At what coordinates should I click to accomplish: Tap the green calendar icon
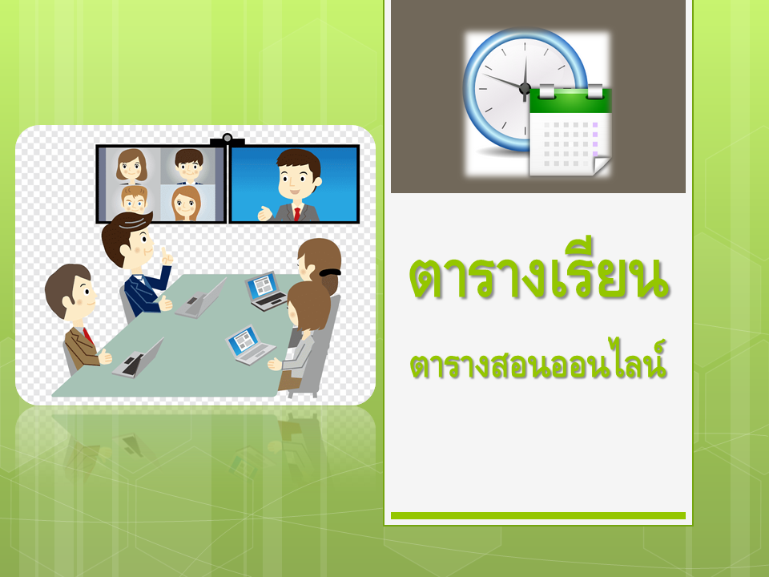(x=570, y=131)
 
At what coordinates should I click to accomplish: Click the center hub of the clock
(x=525, y=89)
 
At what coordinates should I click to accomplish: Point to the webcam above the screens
(x=227, y=139)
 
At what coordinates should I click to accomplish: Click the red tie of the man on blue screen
(x=296, y=214)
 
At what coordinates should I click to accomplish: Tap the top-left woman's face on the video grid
(x=131, y=166)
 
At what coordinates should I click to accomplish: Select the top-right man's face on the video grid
(x=189, y=166)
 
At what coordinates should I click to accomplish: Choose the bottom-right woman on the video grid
(x=186, y=203)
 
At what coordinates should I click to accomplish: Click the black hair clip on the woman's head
(x=329, y=272)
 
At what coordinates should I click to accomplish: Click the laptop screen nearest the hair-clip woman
(x=262, y=286)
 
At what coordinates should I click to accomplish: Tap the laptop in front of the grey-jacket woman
(x=250, y=345)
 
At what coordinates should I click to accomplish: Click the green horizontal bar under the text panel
(x=538, y=515)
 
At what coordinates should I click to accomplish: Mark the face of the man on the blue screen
(x=298, y=178)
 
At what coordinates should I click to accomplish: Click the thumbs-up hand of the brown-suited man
(x=105, y=357)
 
